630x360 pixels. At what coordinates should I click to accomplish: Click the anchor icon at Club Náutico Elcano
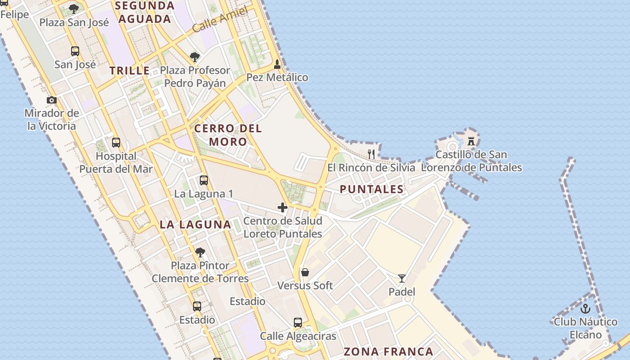click(585, 309)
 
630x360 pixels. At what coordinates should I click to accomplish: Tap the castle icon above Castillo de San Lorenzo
click(471, 141)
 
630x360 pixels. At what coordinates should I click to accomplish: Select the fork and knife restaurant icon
click(371, 154)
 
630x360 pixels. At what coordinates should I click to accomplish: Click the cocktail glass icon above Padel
click(402, 279)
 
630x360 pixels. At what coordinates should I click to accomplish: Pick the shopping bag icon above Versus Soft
click(305, 272)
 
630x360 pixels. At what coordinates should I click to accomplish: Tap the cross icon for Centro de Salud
click(283, 207)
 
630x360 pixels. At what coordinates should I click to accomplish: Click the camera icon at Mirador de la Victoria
click(52, 100)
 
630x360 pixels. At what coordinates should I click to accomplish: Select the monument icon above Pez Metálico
click(277, 64)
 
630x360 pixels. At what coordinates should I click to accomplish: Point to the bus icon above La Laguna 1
click(204, 181)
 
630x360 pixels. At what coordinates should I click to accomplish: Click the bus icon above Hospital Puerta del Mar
click(116, 143)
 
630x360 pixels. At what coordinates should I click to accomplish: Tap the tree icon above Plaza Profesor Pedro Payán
click(195, 57)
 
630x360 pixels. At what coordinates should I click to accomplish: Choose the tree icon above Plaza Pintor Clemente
click(200, 252)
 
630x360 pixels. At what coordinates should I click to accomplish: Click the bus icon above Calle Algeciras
click(298, 323)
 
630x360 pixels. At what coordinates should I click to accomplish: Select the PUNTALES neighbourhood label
click(372, 189)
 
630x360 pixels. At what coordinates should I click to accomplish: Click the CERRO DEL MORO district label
click(228, 135)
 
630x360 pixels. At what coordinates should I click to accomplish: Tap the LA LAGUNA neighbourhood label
click(195, 225)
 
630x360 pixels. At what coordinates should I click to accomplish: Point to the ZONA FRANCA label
click(388, 352)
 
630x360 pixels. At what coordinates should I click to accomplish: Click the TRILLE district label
click(130, 71)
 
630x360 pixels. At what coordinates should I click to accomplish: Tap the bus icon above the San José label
click(75, 51)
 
